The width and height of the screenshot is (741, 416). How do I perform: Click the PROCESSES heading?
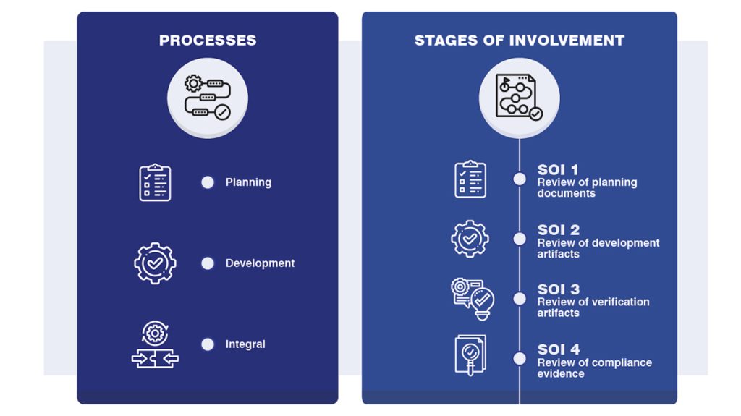208,41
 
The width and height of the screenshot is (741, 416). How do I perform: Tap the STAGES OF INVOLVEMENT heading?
520,41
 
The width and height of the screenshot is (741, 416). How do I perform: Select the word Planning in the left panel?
248,182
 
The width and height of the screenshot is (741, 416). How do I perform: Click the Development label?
260,263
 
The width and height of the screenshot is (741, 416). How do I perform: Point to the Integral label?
245,344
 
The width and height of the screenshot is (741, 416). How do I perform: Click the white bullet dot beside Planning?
208,182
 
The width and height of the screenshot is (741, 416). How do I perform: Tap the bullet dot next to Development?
208,263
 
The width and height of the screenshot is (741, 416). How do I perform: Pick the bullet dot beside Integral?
208,344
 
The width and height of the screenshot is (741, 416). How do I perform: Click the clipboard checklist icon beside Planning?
155,182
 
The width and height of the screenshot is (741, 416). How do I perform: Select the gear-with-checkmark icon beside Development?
155,263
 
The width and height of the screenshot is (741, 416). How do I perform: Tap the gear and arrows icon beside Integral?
155,344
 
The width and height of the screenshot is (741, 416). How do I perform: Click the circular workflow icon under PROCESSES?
208,98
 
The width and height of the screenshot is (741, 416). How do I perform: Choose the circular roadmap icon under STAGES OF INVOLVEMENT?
520,98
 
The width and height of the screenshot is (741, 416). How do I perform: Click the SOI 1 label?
558,170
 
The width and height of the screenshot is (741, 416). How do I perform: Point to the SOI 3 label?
559,289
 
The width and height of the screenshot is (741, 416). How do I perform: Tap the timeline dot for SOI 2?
520,239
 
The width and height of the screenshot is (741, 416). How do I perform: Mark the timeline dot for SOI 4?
520,359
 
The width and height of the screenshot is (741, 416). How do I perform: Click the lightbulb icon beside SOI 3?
473,300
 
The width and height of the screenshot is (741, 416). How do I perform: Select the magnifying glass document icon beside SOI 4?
470,355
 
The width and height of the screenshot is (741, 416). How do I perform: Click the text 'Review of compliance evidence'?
595,368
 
